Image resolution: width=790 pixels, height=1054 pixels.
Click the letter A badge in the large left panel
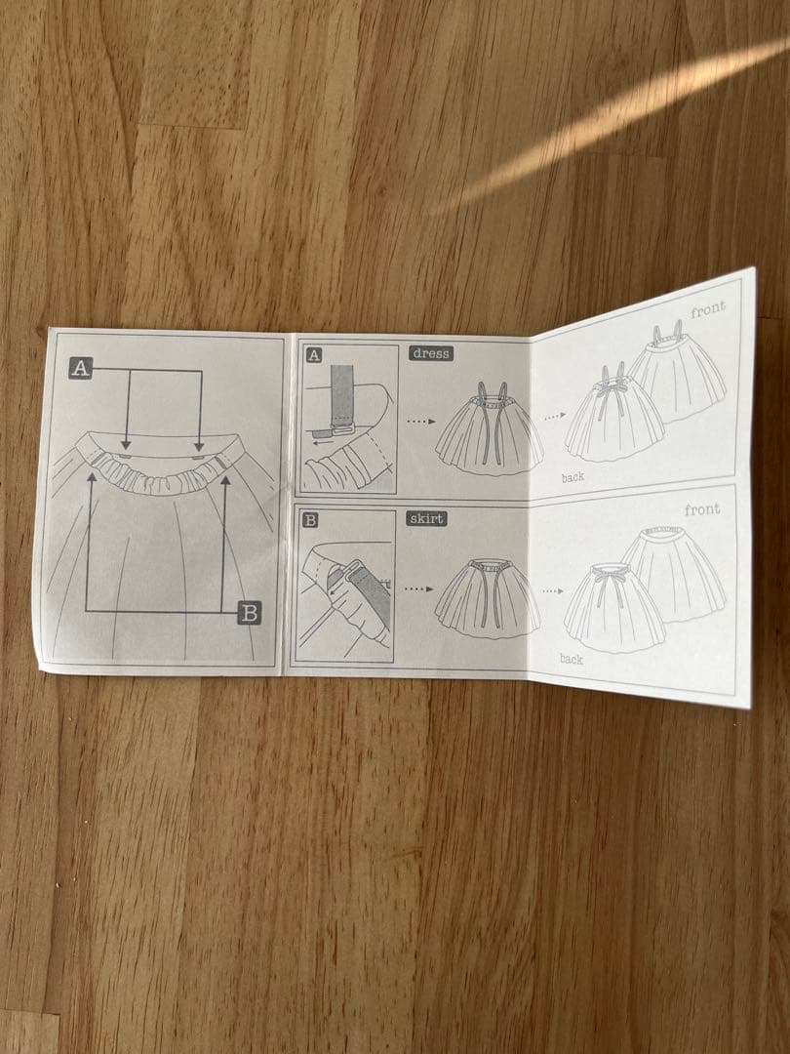pos(81,368)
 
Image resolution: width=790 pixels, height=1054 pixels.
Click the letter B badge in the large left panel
pos(250,612)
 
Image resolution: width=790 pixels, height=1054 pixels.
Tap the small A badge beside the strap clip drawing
pos(314,355)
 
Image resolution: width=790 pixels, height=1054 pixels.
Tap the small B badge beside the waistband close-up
pos(310,519)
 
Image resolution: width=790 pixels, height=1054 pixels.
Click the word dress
pos(431,353)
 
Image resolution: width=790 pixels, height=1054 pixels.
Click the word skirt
pos(426,518)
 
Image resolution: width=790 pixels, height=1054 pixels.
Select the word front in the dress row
pos(708,310)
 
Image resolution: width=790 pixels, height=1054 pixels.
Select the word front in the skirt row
pos(702,509)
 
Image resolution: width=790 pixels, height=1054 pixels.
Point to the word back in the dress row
pos(573,477)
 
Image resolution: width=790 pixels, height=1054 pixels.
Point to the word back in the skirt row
pos(572,659)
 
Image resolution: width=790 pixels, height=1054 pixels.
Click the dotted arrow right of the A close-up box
pos(421,422)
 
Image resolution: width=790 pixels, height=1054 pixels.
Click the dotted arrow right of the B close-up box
pos(418,588)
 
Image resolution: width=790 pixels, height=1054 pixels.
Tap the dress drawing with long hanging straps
pos(489,430)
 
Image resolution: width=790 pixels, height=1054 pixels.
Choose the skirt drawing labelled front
pos(675,574)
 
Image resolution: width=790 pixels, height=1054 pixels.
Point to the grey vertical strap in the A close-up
pos(342,392)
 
